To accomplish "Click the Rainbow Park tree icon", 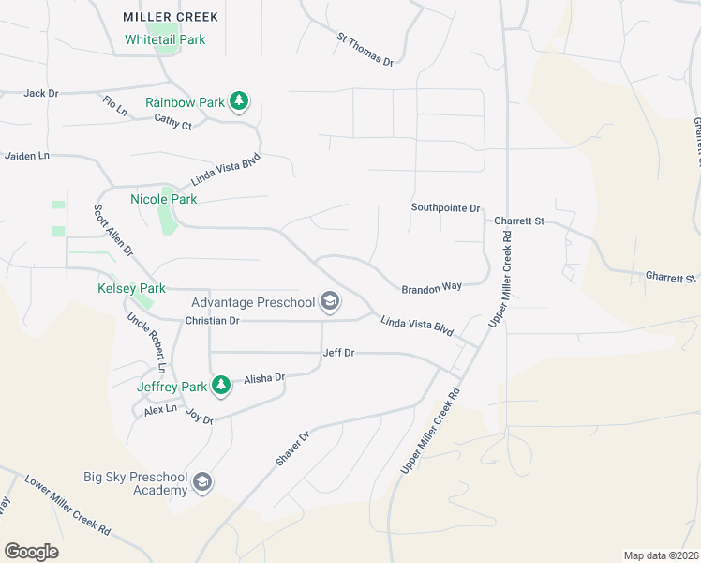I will pyautogui.click(x=239, y=101).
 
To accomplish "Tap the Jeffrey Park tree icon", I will pyautogui.click(x=220, y=385).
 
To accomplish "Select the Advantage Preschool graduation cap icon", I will pyautogui.click(x=329, y=301).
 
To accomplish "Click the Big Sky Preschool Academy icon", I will pyautogui.click(x=201, y=483).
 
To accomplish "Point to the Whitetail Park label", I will pyautogui.click(x=165, y=39).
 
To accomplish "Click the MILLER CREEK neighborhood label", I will pyautogui.click(x=171, y=17).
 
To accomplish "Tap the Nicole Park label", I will pyautogui.click(x=163, y=199).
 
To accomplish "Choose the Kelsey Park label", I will pyautogui.click(x=131, y=288).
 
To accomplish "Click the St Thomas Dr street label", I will pyautogui.click(x=365, y=50).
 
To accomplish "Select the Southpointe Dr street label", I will pyautogui.click(x=445, y=207).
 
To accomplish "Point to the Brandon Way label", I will pyautogui.click(x=431, y=289).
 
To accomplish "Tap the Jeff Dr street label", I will pyautogui.click(x=338, y=353).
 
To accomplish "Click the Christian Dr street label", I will pyautogui.click(x=213, y=320).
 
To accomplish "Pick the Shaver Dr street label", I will pyautogui.click(x=291, y=449).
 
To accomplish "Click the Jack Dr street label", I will pyautogui.click(x=41, y=93).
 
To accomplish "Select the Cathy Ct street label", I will pyautogui.click(x=172, y=121).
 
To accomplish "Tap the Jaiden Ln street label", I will pyautogui.click(x=26, y=156).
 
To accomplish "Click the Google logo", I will pyautogui.click(x=31, y=552).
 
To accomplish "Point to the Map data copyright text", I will pyautogui.click(x=661, y=555).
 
